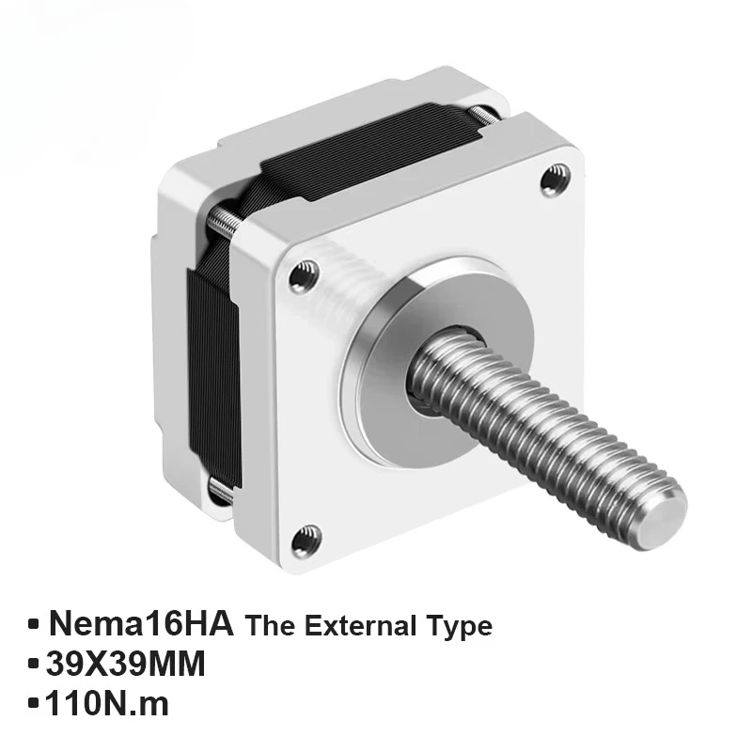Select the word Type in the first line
(x=458, y=626)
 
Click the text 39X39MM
(x=125, y=666)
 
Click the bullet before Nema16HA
(x=35, y=624)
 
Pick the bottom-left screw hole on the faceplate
(x=305, y=540)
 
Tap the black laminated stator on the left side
(x=212, y=367)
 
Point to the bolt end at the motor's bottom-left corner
(x=218, y=492)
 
